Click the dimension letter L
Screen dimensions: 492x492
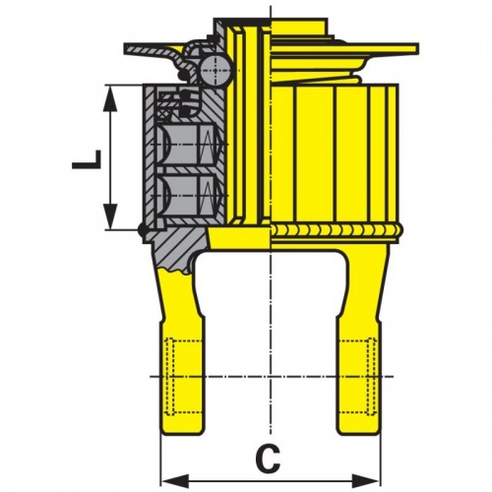coord(87,159)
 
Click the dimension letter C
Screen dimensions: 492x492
coord(268,459)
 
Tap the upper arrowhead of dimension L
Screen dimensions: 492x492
coord(110,98)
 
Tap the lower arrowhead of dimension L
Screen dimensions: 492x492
coord(110,216)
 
